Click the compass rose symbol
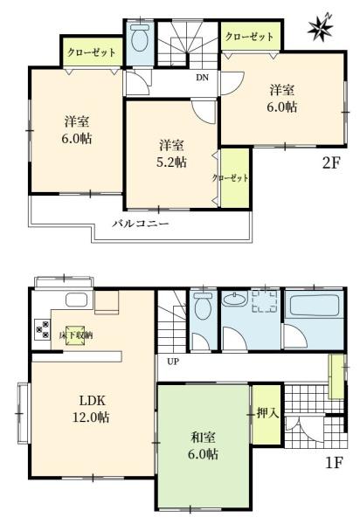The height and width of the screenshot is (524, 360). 321,28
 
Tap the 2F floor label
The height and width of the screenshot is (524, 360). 331,163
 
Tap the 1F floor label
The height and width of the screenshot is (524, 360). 334,463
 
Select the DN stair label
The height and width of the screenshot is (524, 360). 202,78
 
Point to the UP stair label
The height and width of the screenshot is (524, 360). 173,362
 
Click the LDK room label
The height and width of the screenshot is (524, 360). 93,400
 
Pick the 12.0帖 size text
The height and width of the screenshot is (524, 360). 91,417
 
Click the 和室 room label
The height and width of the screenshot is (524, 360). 203,438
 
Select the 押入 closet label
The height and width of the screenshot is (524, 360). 267,413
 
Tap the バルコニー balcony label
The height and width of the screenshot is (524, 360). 141,224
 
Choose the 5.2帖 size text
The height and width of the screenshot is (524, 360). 171,162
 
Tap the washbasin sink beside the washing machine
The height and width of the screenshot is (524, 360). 235,299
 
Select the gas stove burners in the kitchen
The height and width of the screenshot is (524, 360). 43,329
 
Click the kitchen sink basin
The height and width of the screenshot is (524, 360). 76,300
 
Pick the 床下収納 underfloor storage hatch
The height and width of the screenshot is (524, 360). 75,334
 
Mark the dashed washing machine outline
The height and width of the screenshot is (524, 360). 265,301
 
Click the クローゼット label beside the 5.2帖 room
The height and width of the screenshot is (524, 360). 231,178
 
